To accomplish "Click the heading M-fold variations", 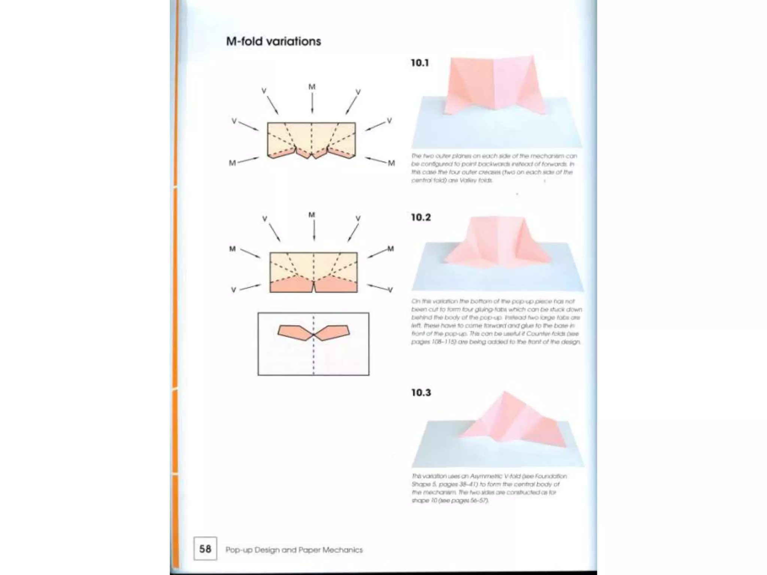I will pos(273,41).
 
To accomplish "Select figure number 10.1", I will pos(419,63).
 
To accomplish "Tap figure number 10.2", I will pos(421,217).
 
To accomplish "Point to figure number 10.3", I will pos(421,393).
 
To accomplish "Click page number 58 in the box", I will pos(205,549).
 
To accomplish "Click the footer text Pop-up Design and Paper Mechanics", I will pos(294,550).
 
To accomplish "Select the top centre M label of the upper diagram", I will pos(312,87).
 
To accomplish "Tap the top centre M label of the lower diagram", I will pos(312,215).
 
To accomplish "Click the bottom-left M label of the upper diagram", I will pos(232,163).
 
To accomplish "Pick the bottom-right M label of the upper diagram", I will pos(391,163).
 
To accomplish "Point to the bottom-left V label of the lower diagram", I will pos(233,290).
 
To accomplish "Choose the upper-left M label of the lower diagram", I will pos(233,249).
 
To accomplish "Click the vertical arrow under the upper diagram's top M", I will pos(312,103).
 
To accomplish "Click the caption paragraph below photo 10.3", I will pos(489,488).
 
